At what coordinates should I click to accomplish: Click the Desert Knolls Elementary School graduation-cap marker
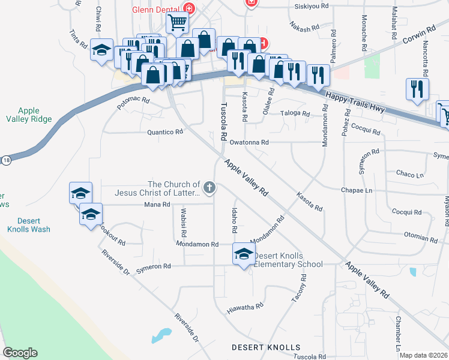(x=243, y=255)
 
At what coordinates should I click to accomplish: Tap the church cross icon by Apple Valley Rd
(x=209, y=188)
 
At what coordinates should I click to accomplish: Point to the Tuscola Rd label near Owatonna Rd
(x=223, y=118)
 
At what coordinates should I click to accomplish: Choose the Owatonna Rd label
(x=249, y=143)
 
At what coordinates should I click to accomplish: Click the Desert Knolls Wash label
(x=29, y=225)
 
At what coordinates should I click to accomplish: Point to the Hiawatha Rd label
(x=246, y=308)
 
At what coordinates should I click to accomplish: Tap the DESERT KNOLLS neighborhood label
(x=266, y=348)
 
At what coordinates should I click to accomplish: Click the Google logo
(x=20, y=353)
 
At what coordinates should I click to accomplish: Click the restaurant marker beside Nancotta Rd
(x=417, y=89)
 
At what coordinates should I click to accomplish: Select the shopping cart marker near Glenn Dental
(x=178, y=23)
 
